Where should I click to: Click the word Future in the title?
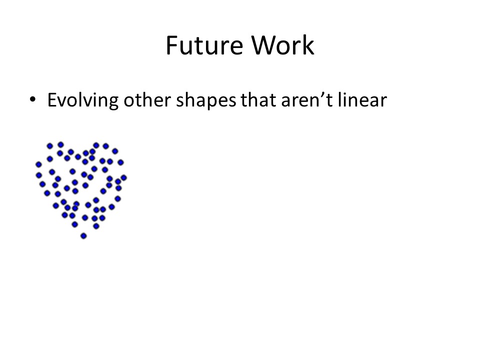pos(204,45)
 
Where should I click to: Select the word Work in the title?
pos(283,45)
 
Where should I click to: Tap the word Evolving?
pos(82,100)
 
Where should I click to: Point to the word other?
pos(147,100)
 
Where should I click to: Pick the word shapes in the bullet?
pos(206,100)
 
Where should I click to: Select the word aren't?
pos(306,100)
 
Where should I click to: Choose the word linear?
pos(362,100)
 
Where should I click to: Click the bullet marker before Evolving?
pos(33,99)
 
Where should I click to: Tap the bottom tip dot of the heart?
pos(83,235)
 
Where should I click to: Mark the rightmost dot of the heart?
pos(123,177)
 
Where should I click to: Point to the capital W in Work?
pos(264,45)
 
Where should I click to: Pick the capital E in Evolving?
pos(52,100)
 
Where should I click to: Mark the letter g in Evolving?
pos(114,103)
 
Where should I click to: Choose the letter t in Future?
pos(198,46)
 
